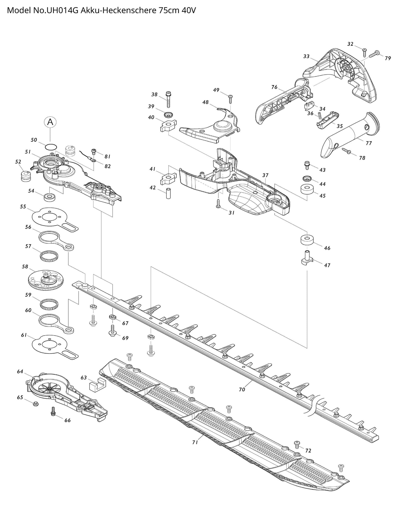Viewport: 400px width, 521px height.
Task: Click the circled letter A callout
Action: pos(50,122)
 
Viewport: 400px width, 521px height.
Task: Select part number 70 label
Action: pos(242,389)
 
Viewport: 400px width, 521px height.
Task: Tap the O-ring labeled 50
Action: pos(51,146)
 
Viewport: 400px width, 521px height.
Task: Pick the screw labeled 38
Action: pos(168,99)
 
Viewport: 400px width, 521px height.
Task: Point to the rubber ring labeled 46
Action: pos(306,240)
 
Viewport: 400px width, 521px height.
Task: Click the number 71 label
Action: pos(195,442)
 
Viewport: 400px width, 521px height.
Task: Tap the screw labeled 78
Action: pos(346,151)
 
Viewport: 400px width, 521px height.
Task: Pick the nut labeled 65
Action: pos(35,404)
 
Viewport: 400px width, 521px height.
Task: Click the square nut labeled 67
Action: pos(112,317)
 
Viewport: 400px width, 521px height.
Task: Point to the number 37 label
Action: pos(265,175)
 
